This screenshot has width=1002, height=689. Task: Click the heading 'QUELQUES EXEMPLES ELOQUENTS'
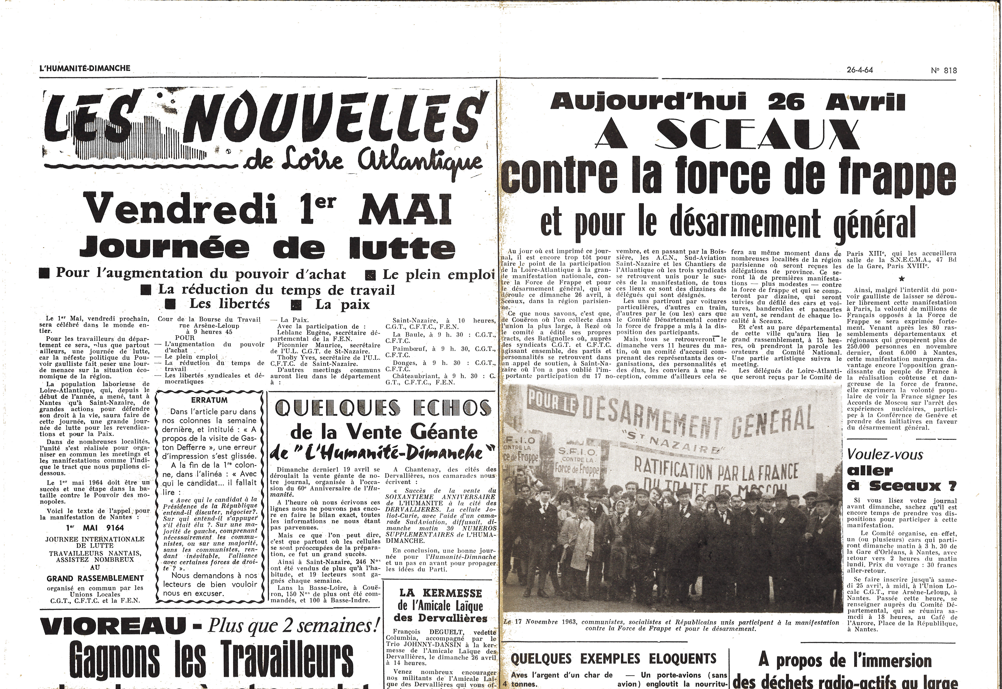click(x=614, y=658)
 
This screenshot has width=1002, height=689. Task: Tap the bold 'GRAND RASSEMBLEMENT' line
click(x=95, y=578)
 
